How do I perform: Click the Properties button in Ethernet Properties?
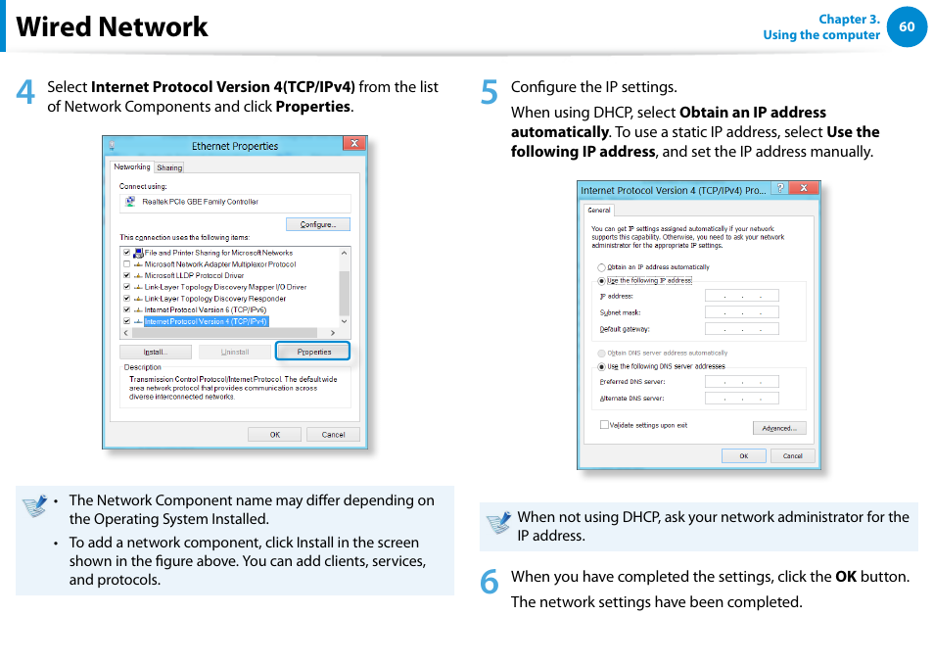(x=313, y=352)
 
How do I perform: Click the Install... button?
(x=155, y=352)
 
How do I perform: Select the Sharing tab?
(x=169, y=167)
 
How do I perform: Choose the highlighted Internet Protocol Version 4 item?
(x=206, y=321)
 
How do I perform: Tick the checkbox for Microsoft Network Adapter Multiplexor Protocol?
(x=127, y=264)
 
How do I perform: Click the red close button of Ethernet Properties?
(x=353, y=145)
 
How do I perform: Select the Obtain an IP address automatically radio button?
(x=602, y=267)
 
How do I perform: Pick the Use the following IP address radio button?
(x=602, y=281)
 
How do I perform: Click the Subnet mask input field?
(x=741, y=312)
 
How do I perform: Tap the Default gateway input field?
(x=741, y=329)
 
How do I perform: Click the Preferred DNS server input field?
(x=741, y=382)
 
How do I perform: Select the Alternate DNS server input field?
(x=741, y=399)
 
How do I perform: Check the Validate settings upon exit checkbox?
(x=604, y=425)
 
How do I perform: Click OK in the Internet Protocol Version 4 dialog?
(x=743, y=455)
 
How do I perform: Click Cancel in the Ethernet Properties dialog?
(x=333, y=434)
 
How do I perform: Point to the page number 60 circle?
(x=907, y=26)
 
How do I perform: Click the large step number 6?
(x=490, y=582)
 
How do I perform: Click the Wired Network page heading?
(x=113, y=26)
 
